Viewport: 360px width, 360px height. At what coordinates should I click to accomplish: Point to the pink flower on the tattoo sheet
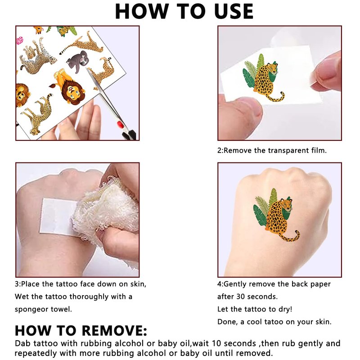pos(19,40)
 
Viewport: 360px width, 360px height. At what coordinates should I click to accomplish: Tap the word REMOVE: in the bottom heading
pos(114,331)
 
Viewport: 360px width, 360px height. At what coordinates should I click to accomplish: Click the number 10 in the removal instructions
pos(216,343)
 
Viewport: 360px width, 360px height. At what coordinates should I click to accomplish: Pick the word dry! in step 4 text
pos(285,309)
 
